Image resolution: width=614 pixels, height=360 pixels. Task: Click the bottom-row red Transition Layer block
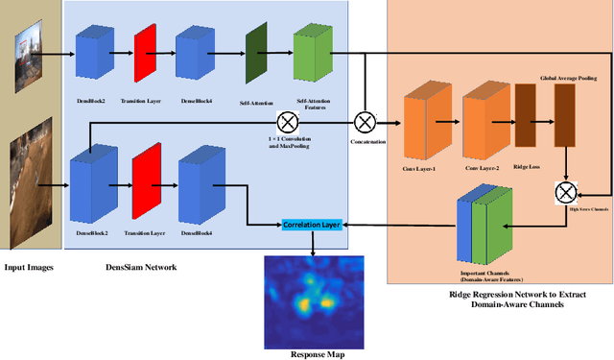(145, 179)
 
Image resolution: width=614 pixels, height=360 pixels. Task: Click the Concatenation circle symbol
(365, 122)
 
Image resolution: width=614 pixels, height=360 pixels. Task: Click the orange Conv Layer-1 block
(426, 123)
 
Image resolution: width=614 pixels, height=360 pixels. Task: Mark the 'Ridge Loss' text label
(526, 167)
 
